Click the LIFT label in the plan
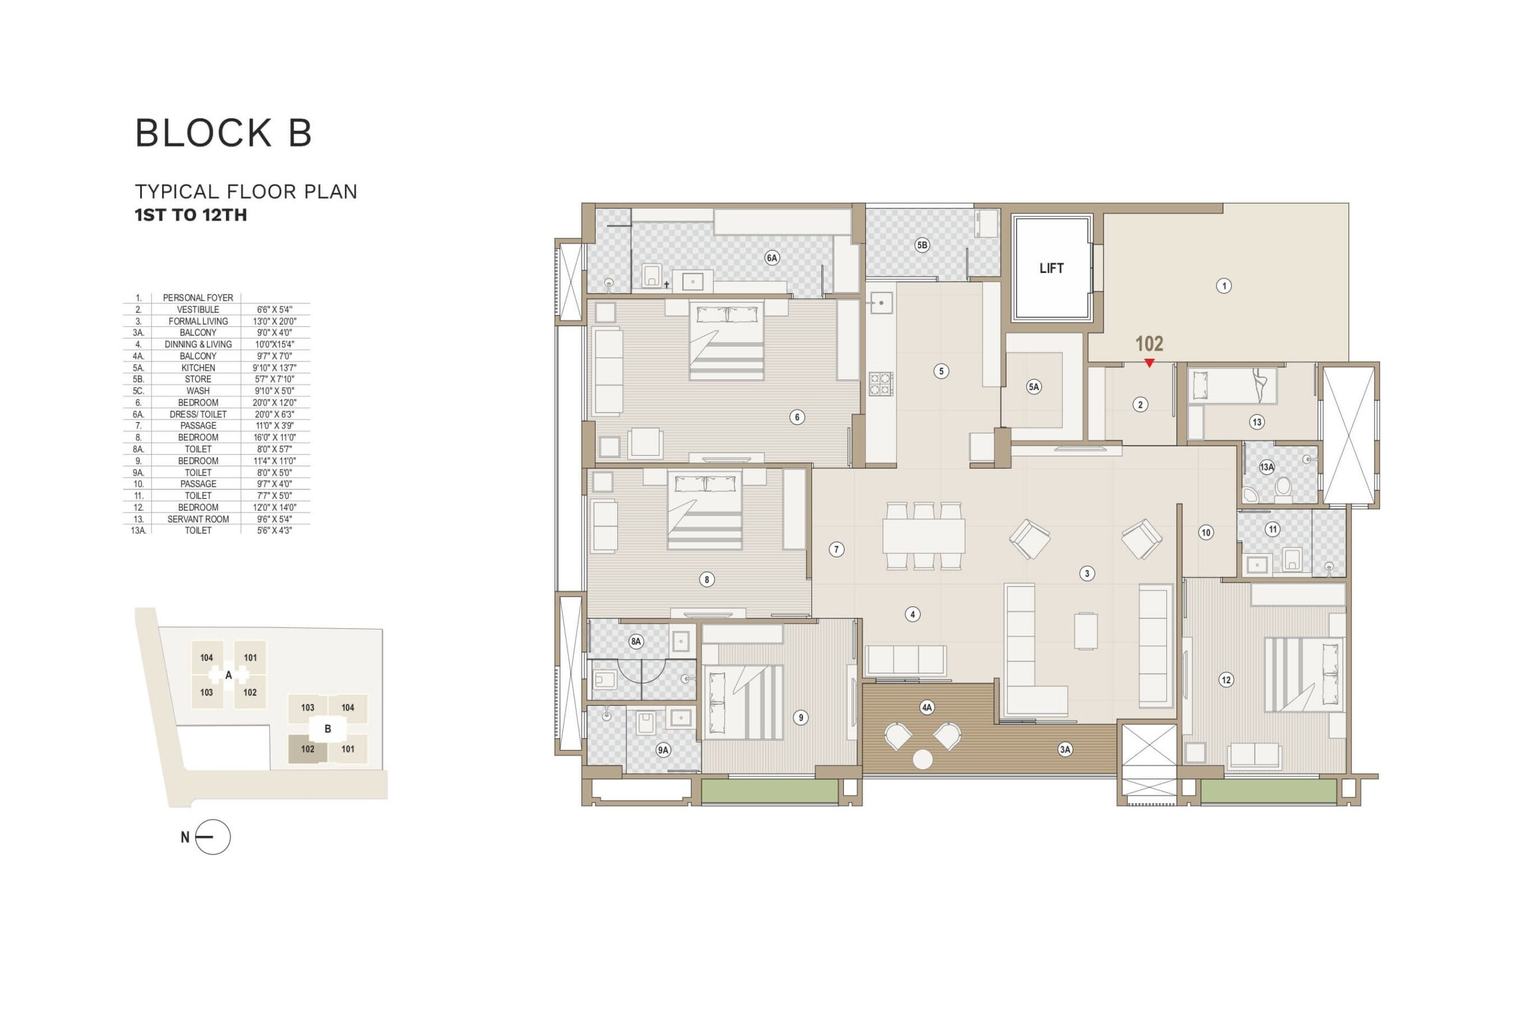(1051, 268)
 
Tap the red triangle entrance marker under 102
(1149, 364)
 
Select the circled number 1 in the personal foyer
(1224, 285)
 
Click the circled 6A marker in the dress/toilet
(772, 258)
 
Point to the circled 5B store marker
(922, 245)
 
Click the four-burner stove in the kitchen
(881, 384)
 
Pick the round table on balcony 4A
(923, 760)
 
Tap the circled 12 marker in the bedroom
(1225, 680)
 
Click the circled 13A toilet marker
(1266, 467)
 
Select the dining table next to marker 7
(924, 536)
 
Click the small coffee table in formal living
(1085, 631)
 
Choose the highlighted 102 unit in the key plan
(308, 749)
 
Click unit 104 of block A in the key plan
(206, 658)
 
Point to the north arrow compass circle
(212, 837)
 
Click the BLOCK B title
(224, 133)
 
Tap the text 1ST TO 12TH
(190, 215)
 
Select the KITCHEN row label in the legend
(198, 368)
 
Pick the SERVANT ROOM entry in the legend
(198, 518)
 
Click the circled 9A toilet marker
(663, 750)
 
